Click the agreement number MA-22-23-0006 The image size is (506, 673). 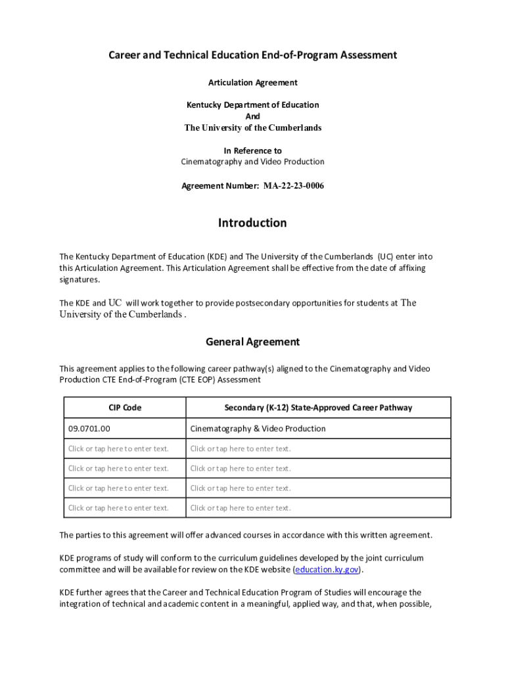(x=294, y=186)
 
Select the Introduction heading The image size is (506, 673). (x=252, y=223)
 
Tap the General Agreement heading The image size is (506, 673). (x=252, y=342)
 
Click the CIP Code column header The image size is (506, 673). (x=125, y=407)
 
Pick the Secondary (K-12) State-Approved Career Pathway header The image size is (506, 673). (x=318, y=407)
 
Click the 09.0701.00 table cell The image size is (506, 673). (x=89, y=429)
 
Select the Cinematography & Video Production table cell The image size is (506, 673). (x=258, y=429)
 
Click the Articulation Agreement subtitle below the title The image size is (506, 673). (x=252, y=82)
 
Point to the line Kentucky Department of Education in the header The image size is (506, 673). (x=252, y=104)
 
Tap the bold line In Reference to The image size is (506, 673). (x=252, y=151)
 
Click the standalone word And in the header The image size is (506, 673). (x=252, y=116)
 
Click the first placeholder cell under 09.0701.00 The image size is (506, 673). (x=118, y=449)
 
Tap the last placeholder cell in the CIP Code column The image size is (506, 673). (x=118, y=508)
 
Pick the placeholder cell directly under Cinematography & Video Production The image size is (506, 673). (x=241, y=449)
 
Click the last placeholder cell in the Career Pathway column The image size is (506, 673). (x=241, y=508)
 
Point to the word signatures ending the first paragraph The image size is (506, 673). (x=80, y=279)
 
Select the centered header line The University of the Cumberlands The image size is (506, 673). (x=252, y=128)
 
